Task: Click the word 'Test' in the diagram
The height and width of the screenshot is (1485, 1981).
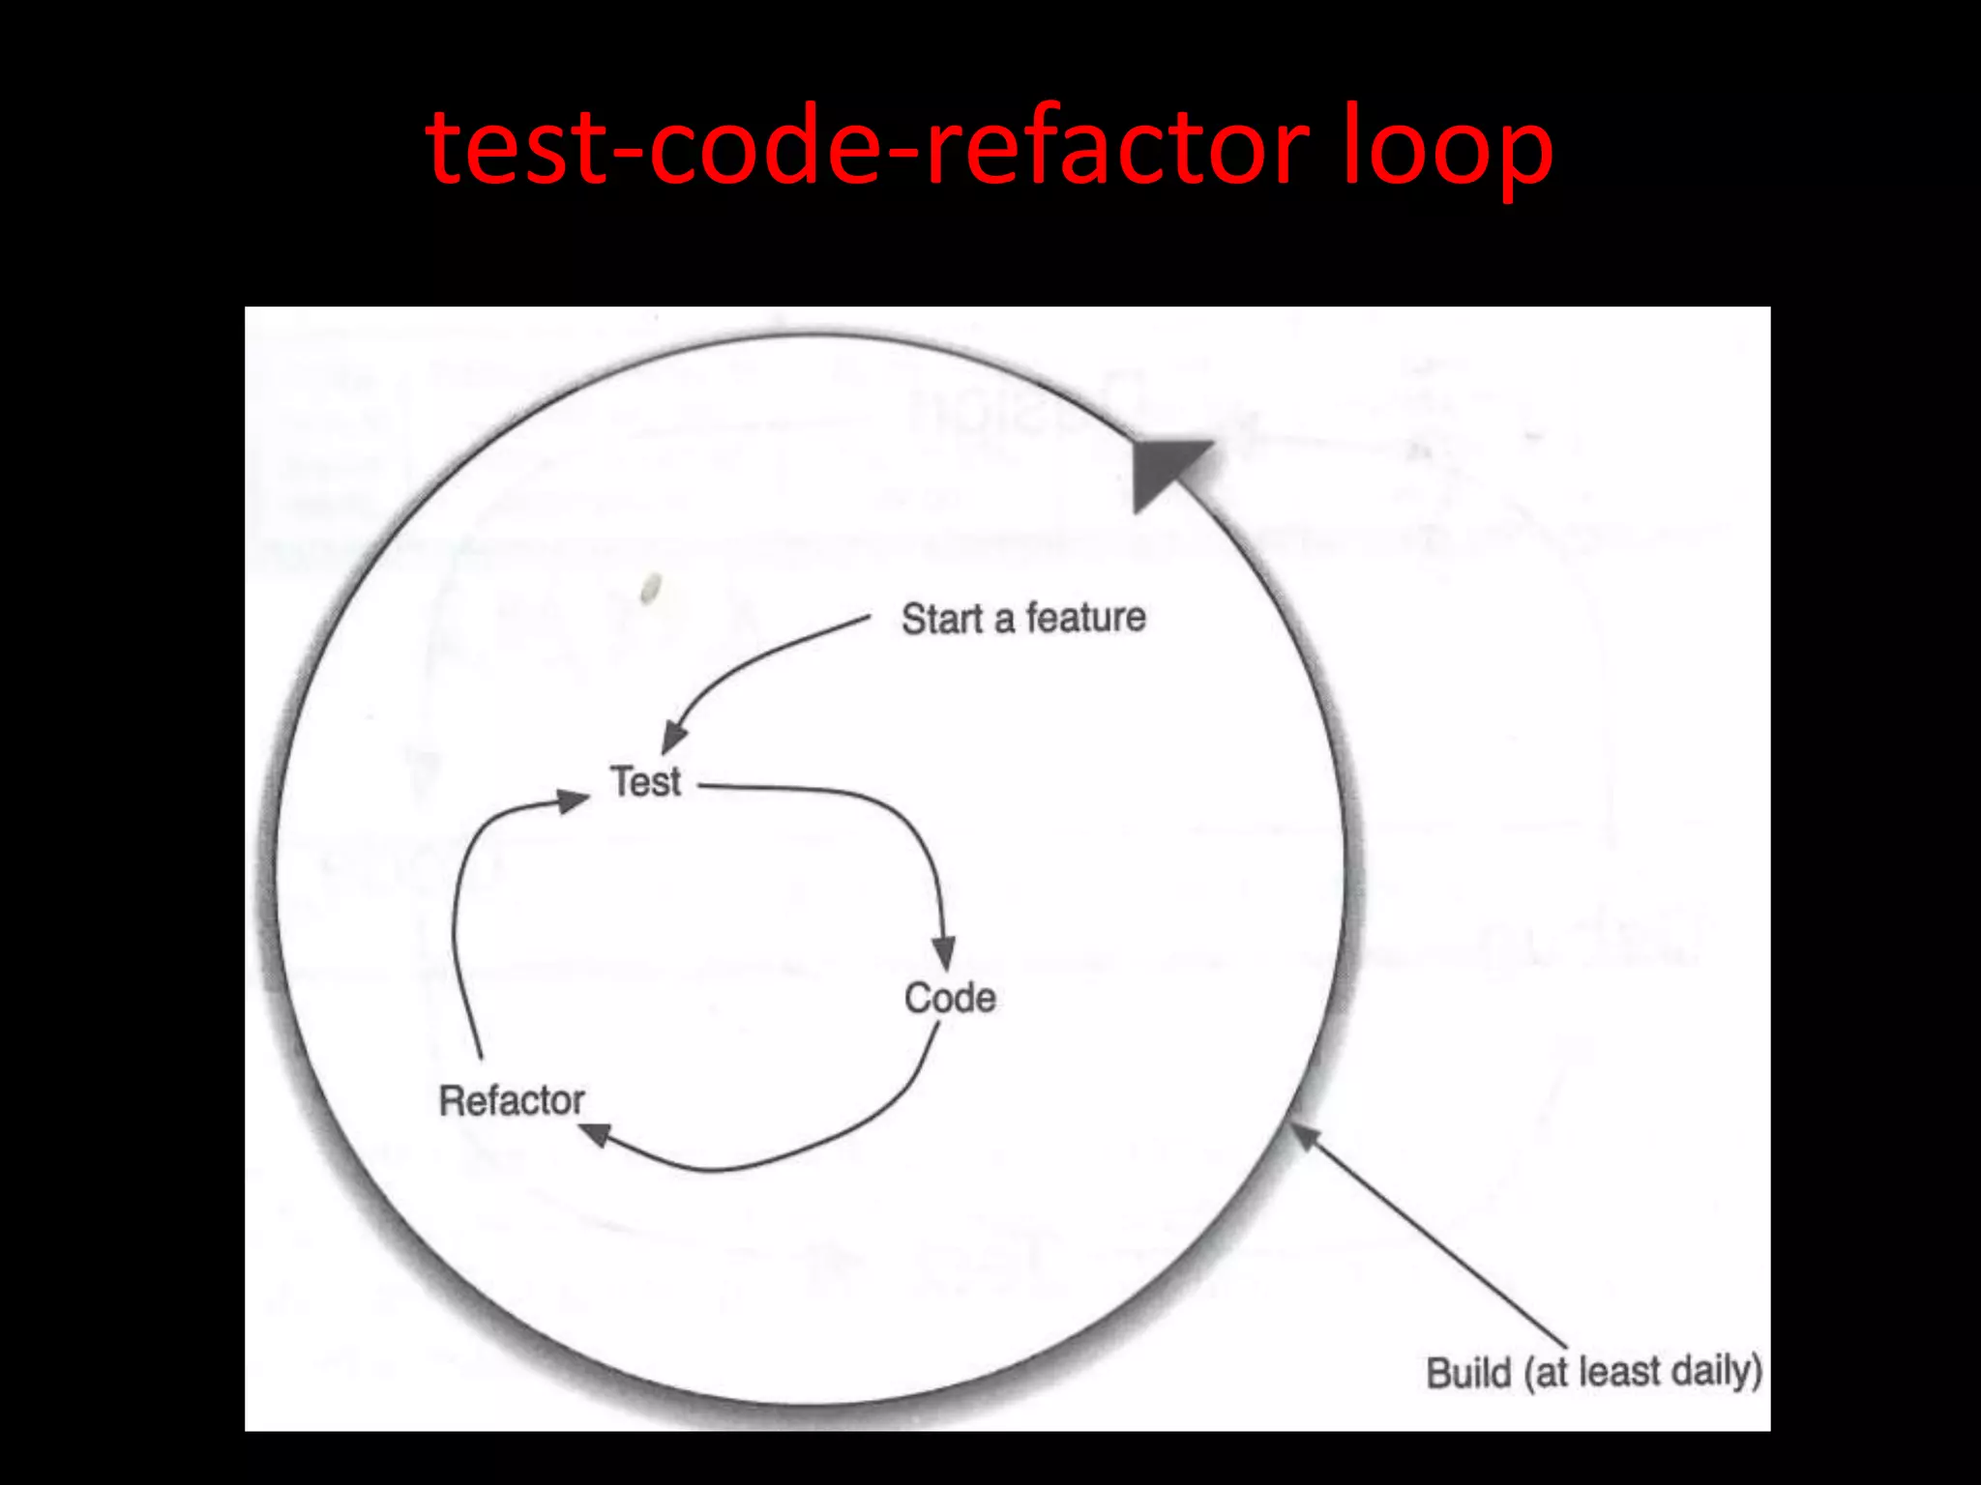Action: [645, 781]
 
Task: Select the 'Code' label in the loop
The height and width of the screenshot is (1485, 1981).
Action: [950, 998]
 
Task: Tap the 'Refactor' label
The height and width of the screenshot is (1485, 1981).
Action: [512, 1100]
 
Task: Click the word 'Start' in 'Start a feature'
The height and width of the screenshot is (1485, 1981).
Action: [942, 619]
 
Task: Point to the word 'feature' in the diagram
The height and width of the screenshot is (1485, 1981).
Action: [1085, 617]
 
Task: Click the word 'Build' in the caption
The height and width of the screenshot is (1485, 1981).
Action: [1468, 1373]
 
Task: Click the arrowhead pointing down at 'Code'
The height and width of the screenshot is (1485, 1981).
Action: [944, 952]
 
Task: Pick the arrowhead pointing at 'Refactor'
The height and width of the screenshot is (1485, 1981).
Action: [595, 1133]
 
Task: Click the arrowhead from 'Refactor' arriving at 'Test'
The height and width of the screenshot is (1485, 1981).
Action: [572, 800]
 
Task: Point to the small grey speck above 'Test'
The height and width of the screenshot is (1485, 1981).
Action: [651, 587]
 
